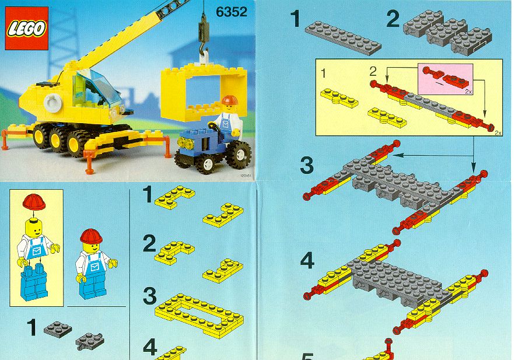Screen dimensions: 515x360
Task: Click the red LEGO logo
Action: coord(27,28)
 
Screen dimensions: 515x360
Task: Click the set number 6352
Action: coord(231,12)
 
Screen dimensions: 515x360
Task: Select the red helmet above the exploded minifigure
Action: coord(34,202)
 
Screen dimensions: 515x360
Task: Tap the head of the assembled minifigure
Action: coord(91,246)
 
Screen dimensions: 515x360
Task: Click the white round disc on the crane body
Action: coord(52,102)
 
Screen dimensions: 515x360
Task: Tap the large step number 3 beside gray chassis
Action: coord(306,165)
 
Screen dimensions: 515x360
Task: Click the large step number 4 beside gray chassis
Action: coord(307,261)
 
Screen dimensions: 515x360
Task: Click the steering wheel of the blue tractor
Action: coord(215,127)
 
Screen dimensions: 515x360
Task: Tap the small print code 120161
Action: coord(246,176)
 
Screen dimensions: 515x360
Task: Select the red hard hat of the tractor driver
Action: coord(229,100)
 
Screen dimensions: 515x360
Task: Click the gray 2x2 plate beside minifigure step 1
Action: coord(58,329)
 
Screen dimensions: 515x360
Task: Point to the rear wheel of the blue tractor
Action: coord(239,155)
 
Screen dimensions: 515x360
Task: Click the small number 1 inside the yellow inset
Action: coord(324,73)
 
